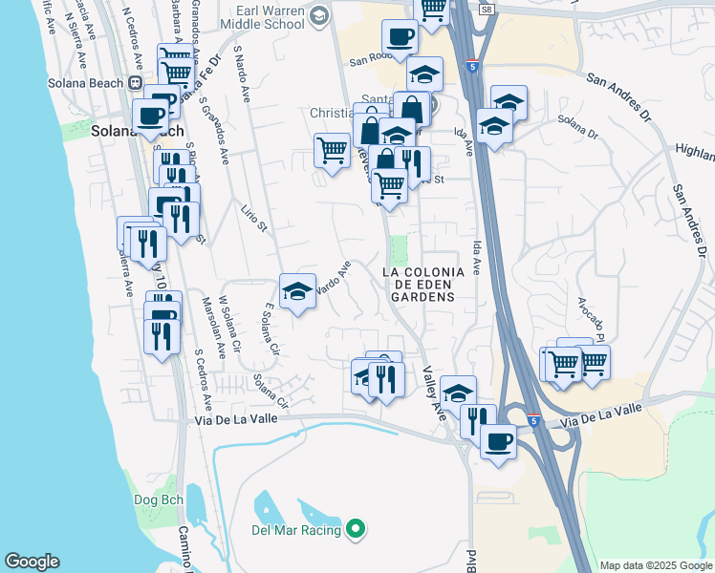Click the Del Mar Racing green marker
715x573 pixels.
[356, 527]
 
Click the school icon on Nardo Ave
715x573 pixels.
[297, 291]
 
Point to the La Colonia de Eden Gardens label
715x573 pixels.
[422, 284]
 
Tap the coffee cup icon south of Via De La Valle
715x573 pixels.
[498, 441]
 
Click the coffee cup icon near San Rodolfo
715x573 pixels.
[400, 38]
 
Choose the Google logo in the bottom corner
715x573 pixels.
[32, 562]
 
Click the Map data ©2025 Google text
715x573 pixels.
[655, 565]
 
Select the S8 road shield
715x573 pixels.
[487, 9]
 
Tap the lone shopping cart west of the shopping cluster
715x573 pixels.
[331, 148]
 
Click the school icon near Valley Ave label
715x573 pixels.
[459, 392]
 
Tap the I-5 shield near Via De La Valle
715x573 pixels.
[533, 420]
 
